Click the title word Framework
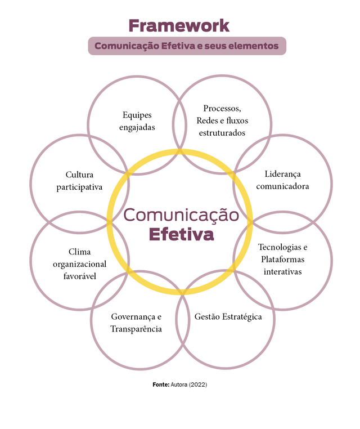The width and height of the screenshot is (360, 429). coord(179,25)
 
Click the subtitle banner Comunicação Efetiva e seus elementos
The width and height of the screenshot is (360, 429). coord(187,46)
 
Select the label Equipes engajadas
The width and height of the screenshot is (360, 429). coord(137,121)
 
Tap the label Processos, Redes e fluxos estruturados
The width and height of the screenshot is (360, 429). coord(222,120)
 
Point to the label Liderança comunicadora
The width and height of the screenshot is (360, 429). coord(282,180)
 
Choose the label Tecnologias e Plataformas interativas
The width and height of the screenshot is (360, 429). coord(282,259)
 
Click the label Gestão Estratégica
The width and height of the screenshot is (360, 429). coord(228,317)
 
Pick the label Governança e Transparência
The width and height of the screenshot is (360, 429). coord(136,323)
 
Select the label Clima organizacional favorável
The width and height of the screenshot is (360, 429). coord(79,263)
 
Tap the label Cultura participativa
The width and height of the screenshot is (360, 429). coord(79,181)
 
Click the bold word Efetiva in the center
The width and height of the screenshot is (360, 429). coord(181,234)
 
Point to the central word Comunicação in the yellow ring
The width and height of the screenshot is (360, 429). coord(181,214)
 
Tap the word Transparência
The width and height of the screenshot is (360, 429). coord(136,329)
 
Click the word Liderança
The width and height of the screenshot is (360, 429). coord(282,174)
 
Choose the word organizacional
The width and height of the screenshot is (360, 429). coord(79,264)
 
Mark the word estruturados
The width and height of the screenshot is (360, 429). coord(222,133)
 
